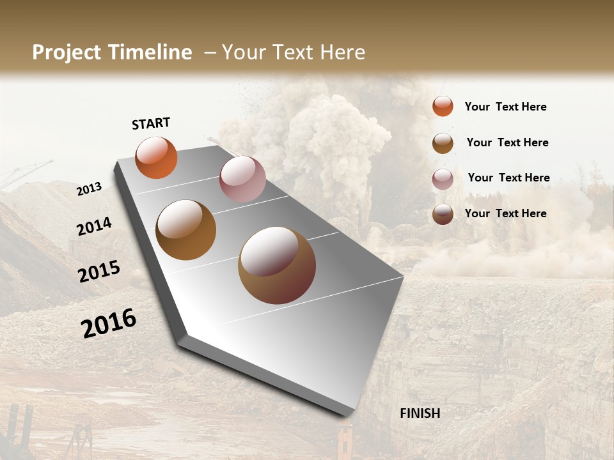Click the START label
tap(151, 123)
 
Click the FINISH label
tap(420, 413)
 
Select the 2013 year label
tap(90, 188)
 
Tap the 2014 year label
tap(95, 226)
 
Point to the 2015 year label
tap(99, 272)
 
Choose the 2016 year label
tap(109, 323)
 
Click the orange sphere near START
tap(156, 157)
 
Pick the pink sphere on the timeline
tap(242, 179)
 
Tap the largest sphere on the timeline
tap(277, 265)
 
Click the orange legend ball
tap(443, 106)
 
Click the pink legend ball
tap(443, 179)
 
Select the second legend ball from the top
tap(443, 143)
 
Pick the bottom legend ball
tap(443, 215)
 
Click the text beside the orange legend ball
tap(505, 107)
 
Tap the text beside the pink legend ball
tap(508, 178)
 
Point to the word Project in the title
tap(67, 52)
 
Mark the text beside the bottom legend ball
tap(505, 213)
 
